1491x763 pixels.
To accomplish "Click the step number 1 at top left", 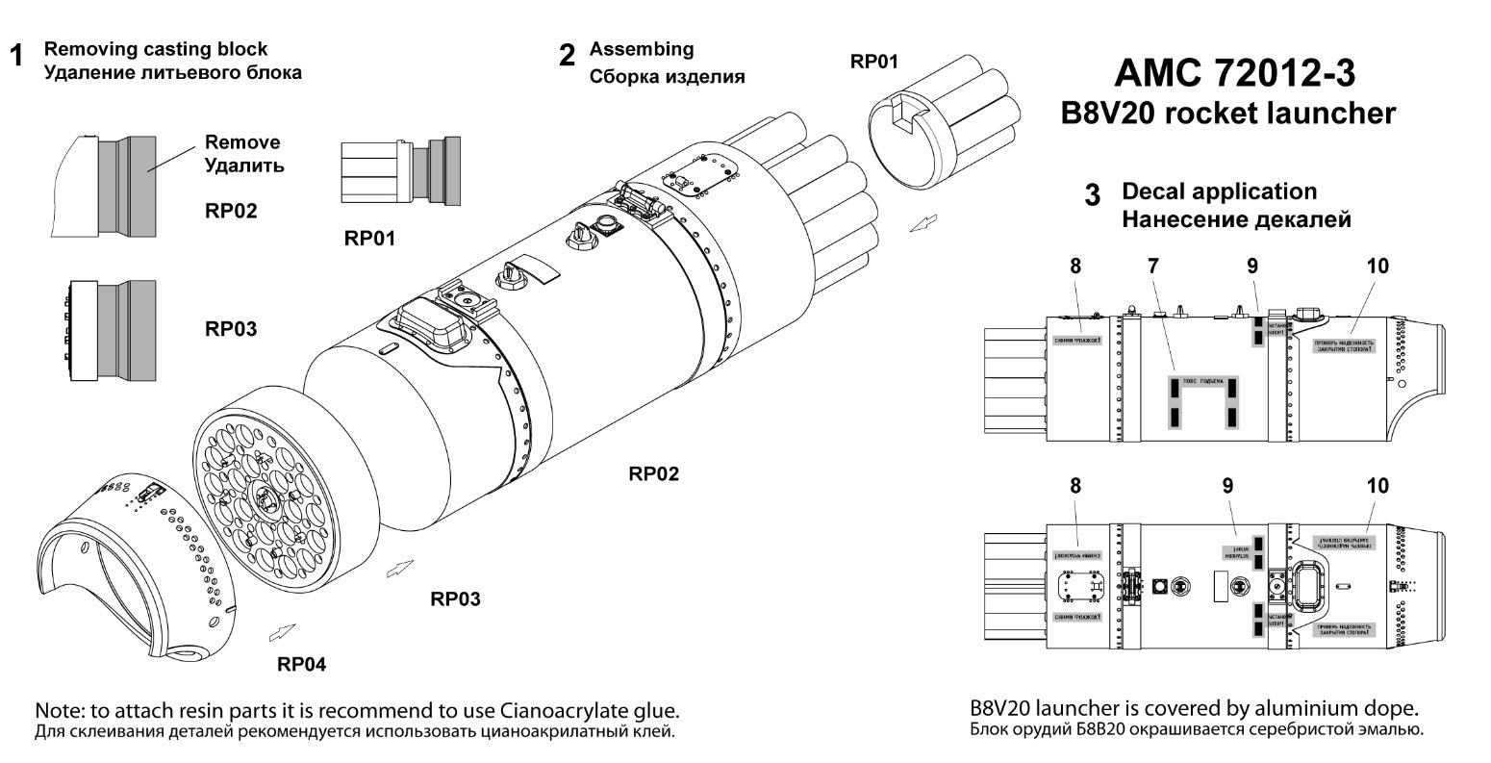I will [16, 56].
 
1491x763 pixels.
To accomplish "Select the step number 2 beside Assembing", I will [568, 55].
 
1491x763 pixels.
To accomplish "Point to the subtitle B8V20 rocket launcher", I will [1227, 114].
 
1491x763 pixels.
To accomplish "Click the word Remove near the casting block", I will [242, 142].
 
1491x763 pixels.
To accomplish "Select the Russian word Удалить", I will [244, 165].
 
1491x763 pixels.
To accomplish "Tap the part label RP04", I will [302, 664].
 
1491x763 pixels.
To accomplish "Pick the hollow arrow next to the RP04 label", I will [282, 631].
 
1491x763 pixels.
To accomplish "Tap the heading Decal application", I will [1219, 191].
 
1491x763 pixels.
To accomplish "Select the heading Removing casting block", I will [157, 49].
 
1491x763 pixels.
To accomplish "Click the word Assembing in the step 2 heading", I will [642, 49].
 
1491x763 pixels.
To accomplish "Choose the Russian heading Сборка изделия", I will [667, 76].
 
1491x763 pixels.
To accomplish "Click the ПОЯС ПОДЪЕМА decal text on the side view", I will [1202, 381].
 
